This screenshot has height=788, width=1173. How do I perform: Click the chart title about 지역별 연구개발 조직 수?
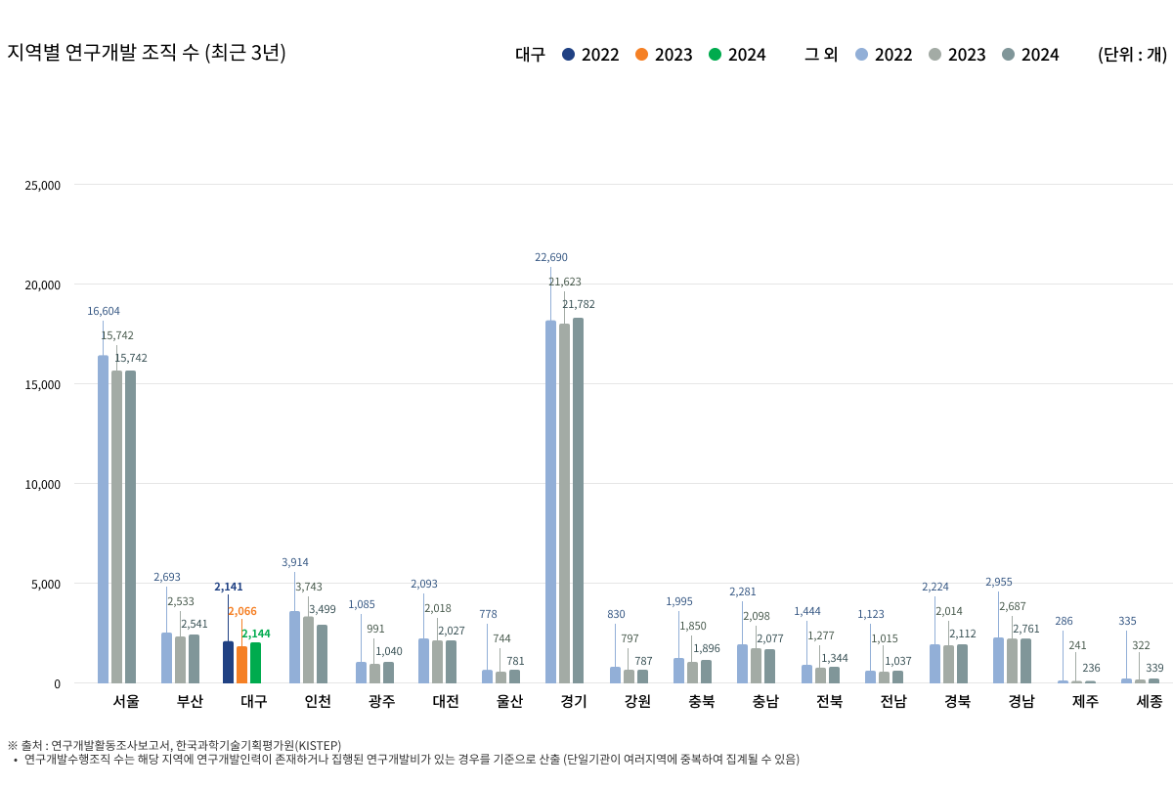(x=147, y=53)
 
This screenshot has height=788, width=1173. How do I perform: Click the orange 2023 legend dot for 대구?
(x=641, y=55)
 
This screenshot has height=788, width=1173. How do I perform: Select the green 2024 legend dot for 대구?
(x=715, y=55)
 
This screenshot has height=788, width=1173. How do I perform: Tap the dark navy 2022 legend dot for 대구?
(x=568, y=55)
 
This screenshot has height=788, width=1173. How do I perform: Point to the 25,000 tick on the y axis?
(x=42, y=185)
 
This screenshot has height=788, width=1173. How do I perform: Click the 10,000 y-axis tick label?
(x=42, y=484)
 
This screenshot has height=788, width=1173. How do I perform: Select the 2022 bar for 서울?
(x=103, y=518)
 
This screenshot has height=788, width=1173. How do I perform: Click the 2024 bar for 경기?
(x=578, y=500)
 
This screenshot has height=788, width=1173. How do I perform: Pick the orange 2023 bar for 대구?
(x=241, y=664)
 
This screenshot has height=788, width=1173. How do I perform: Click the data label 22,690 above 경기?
(x=550, y=258)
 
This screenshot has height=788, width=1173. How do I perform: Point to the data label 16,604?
(x=103, y=312)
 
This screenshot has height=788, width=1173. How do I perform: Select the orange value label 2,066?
(x=241, y=611)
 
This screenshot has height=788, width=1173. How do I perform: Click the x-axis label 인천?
(x=318, y=701)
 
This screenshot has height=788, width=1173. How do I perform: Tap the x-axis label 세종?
(x=1149, y=701)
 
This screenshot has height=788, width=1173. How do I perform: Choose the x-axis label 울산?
(x=509, y=701)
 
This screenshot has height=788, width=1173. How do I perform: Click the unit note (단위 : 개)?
(x=1131, y=55)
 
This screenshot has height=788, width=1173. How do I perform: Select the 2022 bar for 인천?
(x=294, y=646)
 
